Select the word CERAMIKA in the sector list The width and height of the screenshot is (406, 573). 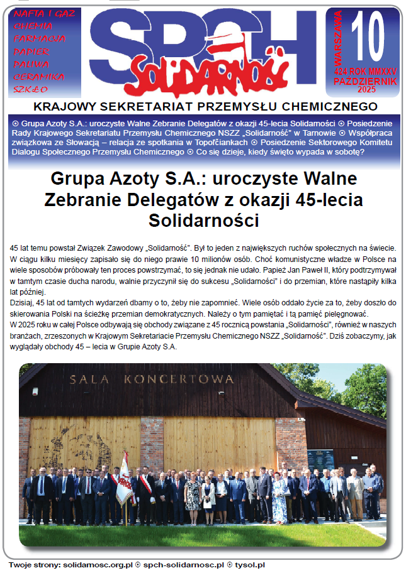38,77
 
